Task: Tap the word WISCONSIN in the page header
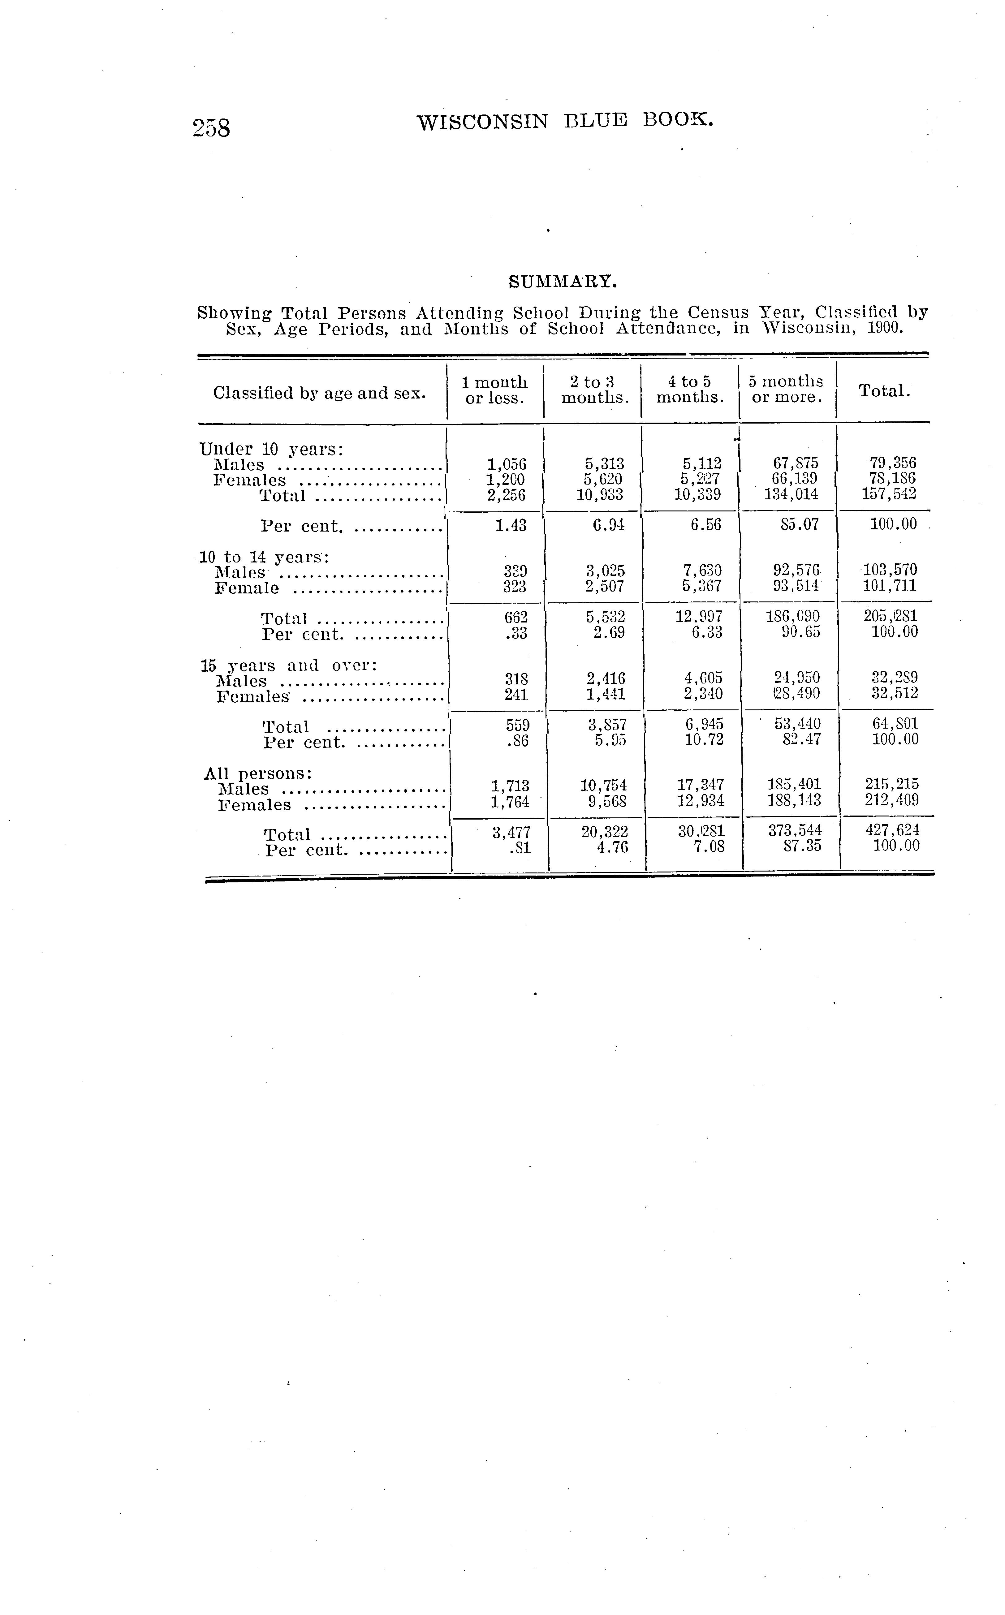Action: coord(483,122)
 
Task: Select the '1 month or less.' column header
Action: coord(494,390)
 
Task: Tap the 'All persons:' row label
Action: coord(258,773)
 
